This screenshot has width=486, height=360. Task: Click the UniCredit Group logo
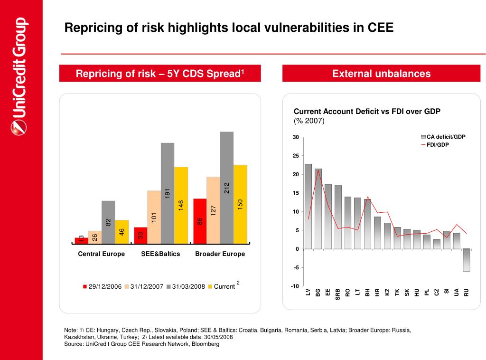coord(19,76)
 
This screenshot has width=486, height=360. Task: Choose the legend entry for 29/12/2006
coord(103,287)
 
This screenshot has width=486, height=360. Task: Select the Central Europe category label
coord(101,254)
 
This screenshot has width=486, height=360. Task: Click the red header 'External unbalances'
coord(381,74)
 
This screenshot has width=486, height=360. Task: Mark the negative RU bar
coord(466,260)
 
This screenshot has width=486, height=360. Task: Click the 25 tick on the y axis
coord(296,156)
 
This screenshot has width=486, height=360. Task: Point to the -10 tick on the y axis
coord(295,286)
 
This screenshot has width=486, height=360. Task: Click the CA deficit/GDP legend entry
coord(443,137)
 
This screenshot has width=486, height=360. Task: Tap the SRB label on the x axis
coord(338,294)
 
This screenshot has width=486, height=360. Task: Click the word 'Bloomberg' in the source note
coord(206,344)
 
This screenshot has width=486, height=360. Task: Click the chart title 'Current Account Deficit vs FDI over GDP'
coord(367,112)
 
